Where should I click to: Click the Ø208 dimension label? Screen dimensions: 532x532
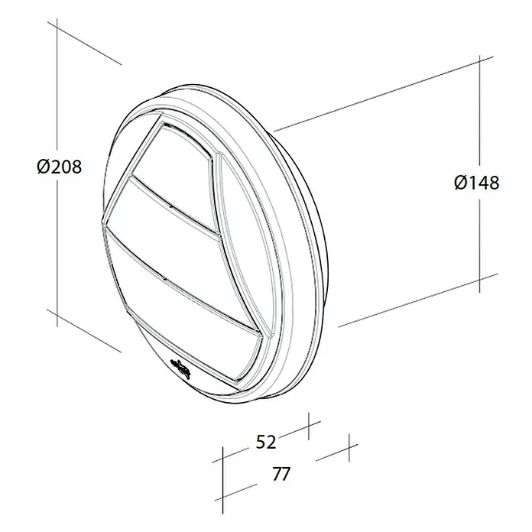pyautogui.click(x=60, y=167)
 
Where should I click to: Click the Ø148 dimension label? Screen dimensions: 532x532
pyautogui.click(x=477, y=183)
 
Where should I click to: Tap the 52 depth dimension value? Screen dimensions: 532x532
pyautogui.click(x=266, y=443)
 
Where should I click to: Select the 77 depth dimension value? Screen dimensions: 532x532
pyautogui.click(x=281, y=474)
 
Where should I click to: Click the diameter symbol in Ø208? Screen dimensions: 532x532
pyautogui.click(x=44, y=167)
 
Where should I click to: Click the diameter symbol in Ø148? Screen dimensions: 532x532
pyautogui.click(x=462, y=183)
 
